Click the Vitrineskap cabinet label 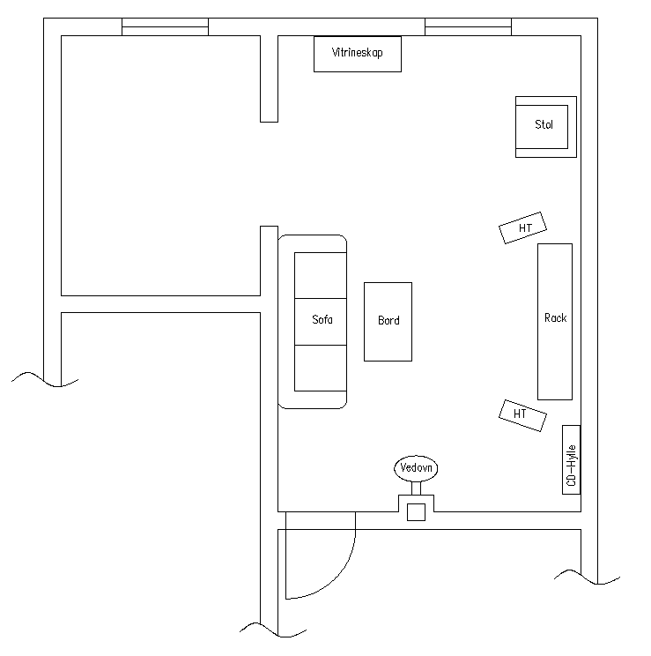tap(357, 53)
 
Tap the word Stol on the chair tap(544, 124)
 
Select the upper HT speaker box tap(522, 227)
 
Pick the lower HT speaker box tap(522, 415)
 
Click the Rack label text tap(555, 318)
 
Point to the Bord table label tap(388, 320)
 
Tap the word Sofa tap(322, 320)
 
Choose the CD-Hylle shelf tap(571, 459)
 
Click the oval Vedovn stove tap(416, 467)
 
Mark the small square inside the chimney tap(416, 512)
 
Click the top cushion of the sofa tap(321, 275)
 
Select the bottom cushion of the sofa tap(321, 369)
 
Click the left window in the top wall tap(165, 26)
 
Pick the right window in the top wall tap(469, 26)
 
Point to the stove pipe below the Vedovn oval tap(416, 488)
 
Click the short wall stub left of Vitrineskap tap(269, 78)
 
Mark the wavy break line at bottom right tap(587, 577)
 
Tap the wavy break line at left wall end tap(45, 379)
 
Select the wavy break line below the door tap(273, 630)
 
